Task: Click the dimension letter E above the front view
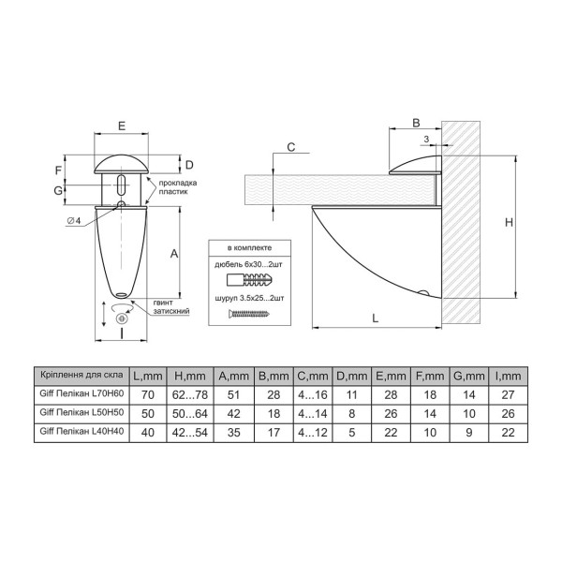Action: tap(122, 126)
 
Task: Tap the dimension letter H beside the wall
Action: tap(509, 223)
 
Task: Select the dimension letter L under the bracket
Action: tap(376, 318)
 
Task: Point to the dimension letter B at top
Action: tap(416, 123)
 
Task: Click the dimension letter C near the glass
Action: tap(291, 147)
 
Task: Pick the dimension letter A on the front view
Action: tap(174, 254)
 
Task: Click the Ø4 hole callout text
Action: tap(74, 221)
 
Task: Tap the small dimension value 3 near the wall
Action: tap(426, 139)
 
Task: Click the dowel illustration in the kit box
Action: tap(250, 279)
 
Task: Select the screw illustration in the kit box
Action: tap(249, 315)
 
